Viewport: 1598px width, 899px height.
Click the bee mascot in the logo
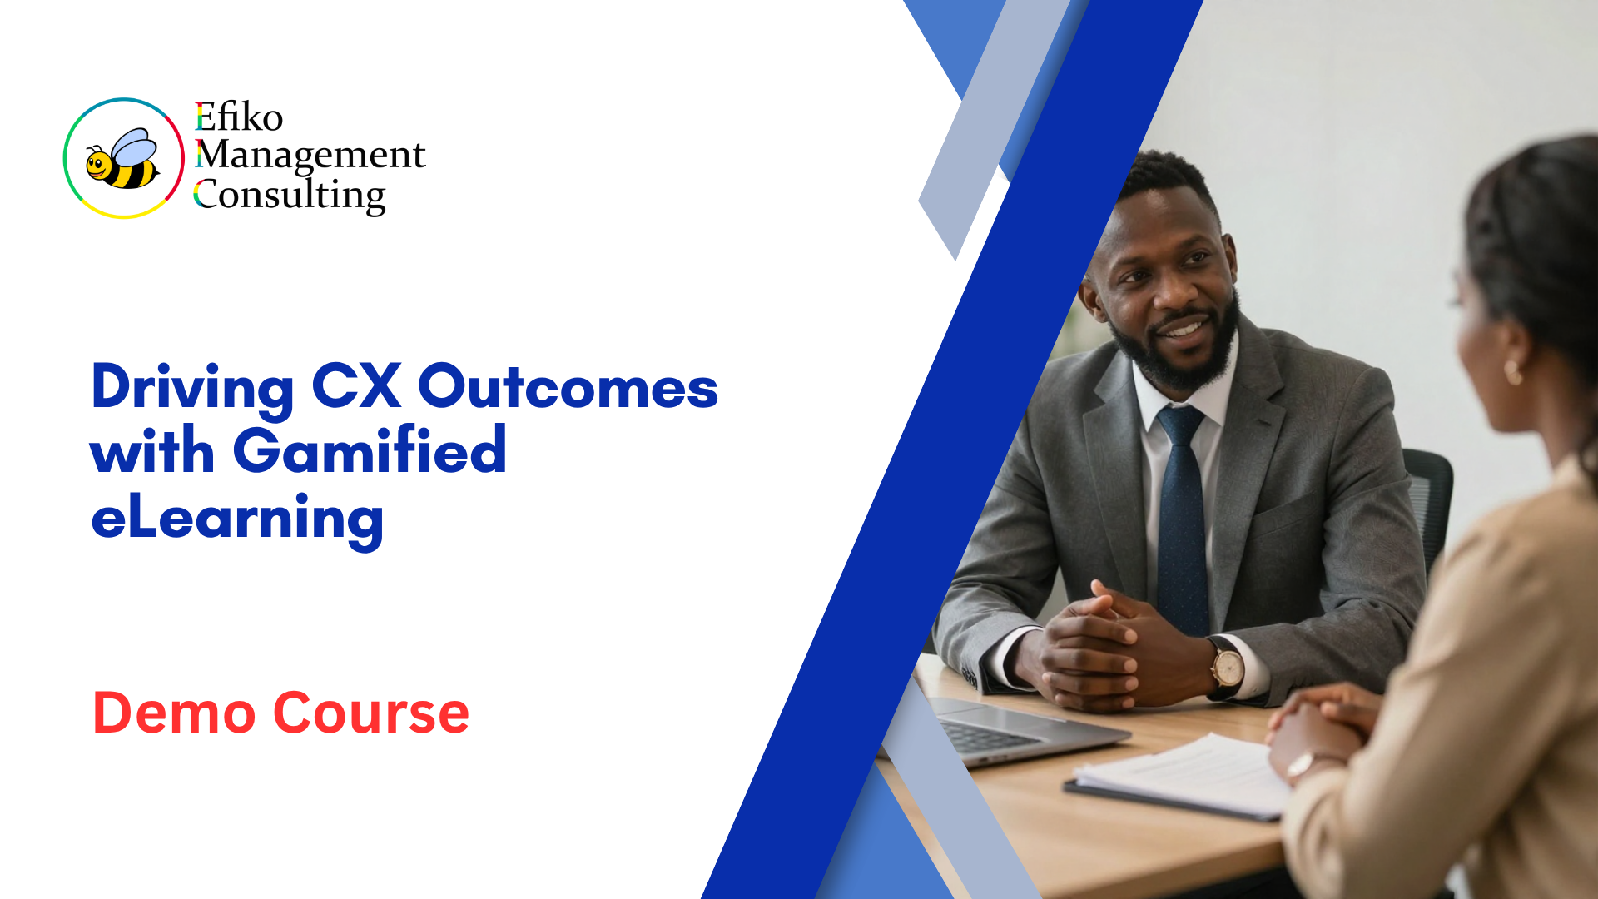click(124, 159)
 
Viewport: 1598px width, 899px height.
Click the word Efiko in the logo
click(239, 117)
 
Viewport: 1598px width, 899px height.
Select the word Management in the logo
click(310, 155)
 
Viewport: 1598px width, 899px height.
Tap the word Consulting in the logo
click(290, 196)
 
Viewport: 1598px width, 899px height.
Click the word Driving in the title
click(192, 389)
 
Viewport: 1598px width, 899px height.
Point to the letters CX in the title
click(356, 386)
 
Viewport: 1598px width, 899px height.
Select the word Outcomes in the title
click(568, 387)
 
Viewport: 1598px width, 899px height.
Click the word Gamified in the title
click(370, 451)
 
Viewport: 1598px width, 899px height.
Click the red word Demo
click(174, 713)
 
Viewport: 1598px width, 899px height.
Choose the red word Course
click(371, 713)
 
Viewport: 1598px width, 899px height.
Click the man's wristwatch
click(1226, 668)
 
